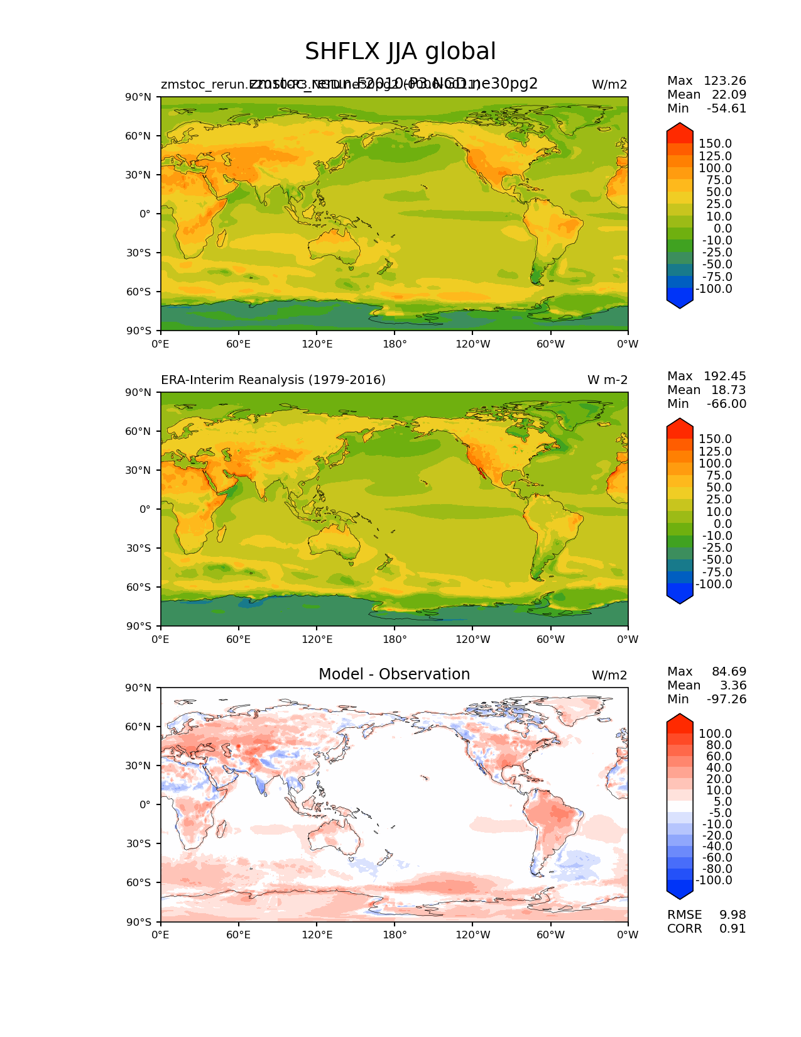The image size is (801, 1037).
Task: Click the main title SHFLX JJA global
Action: tap(400, 52)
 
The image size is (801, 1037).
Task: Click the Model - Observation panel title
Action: tap(394, 674)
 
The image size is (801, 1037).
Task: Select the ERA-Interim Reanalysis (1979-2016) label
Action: tap(273, 380)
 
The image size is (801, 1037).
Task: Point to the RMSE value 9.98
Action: tap(733, 915)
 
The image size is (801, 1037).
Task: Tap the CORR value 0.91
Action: tap(733, 929)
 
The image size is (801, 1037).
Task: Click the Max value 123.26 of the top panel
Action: tap(724, 81)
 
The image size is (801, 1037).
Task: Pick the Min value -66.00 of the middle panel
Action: tap(726, 404)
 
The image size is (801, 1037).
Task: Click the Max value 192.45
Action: tap(724, 376)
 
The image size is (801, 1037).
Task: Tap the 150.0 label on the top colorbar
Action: tap(715, 144)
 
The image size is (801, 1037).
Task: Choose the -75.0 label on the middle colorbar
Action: tap(715, 573)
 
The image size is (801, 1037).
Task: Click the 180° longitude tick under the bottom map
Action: tap(395, 935)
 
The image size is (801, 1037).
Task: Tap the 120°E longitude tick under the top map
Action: tap(317, 344)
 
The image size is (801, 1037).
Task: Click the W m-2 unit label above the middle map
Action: tap(607, 380)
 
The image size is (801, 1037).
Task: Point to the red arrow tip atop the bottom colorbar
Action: tap(679, 718)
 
